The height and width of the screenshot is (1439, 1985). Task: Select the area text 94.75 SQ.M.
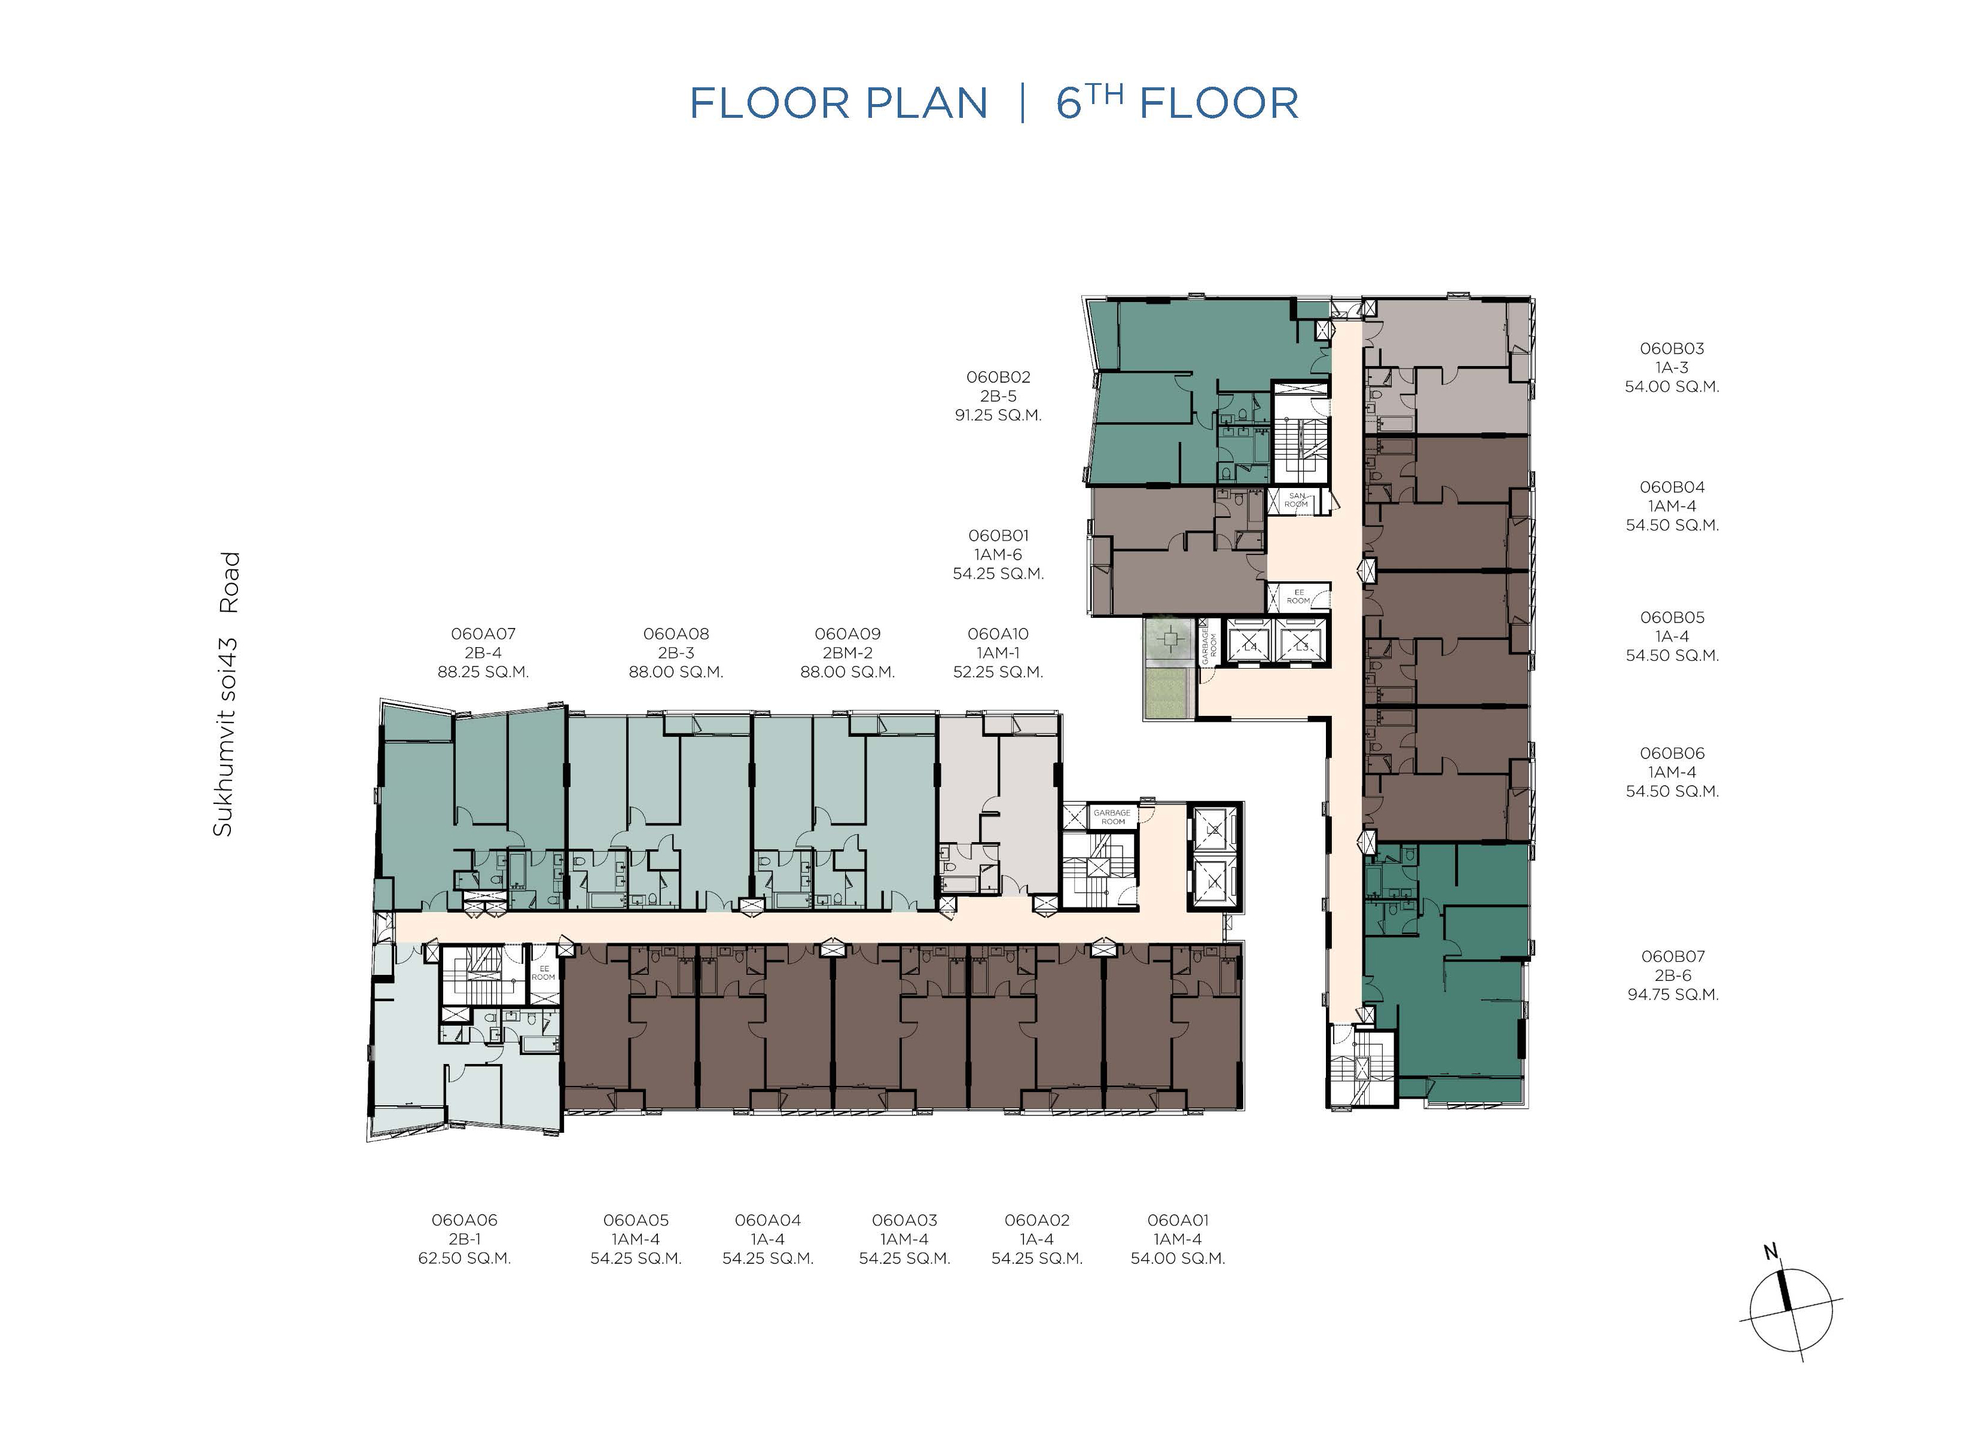click(x=1673, y=995)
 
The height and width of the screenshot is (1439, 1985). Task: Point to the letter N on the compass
click(x=1770, y=1252)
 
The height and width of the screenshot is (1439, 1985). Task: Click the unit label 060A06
click(x=464, y=1220)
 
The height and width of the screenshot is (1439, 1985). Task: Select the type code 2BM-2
click(x=847, y=653)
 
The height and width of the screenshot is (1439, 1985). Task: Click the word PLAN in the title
click(x=927, y=103)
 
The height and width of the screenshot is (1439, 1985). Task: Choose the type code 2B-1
click(x=464, y=1239)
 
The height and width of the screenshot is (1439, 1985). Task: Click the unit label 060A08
click(x=676, y=634)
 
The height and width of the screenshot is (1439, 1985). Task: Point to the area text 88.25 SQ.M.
click(x=483, y=672)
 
